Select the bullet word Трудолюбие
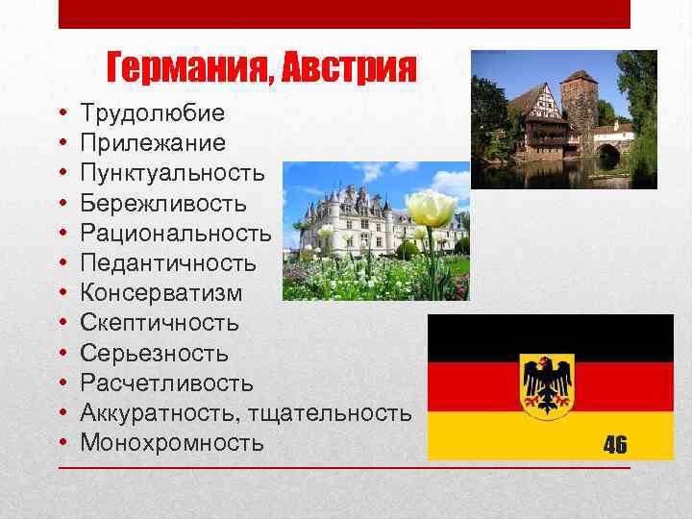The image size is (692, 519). coord(153,114)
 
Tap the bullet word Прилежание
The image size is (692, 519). coord(154,144)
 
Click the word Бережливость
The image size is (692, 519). coord(163,204)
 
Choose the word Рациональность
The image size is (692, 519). coord(176,234)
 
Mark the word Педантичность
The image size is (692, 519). coord(168,263)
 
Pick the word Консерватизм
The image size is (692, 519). coord(161,293)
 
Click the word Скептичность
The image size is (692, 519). coord(160,323)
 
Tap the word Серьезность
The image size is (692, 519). coord(155,353)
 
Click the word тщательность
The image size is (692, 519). coord(330,412)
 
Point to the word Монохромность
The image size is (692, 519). coord(172,442)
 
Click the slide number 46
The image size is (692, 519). coord(615,444)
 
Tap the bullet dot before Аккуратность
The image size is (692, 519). coord(62,413)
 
